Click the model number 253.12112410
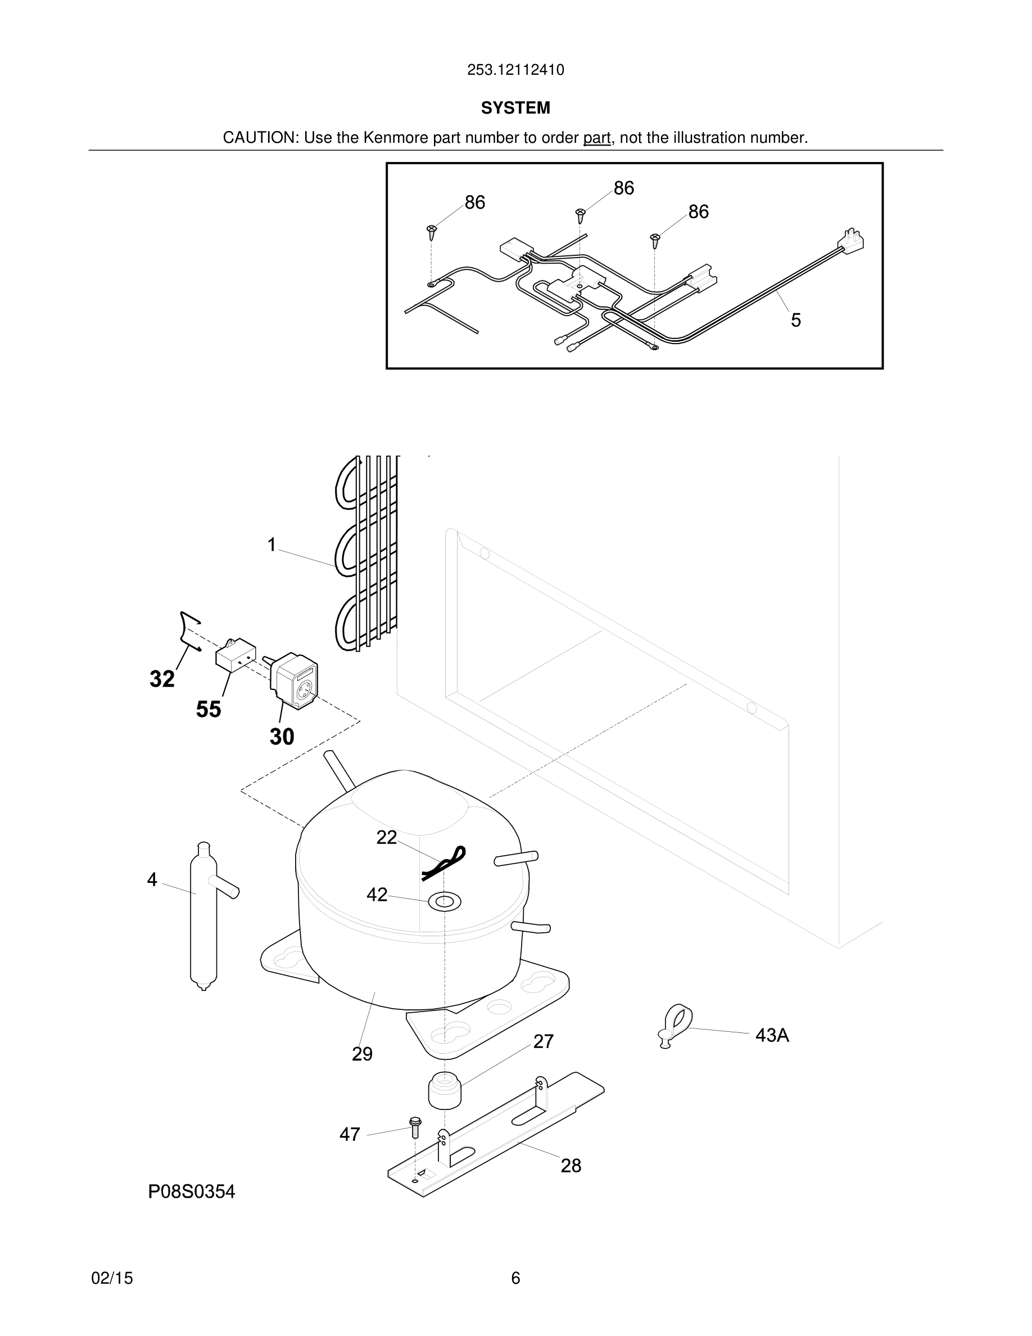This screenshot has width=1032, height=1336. click(515, 70)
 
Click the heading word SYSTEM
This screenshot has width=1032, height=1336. click(515, 109)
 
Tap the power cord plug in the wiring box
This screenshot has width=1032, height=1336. click(853, 241)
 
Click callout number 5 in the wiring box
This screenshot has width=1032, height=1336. click(795, 320)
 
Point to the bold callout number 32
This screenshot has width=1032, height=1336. click(162, 679)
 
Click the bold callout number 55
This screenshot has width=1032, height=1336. click(209, 710)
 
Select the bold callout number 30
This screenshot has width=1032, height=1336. click(282, 737)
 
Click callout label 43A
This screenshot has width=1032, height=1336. click(772, 1036)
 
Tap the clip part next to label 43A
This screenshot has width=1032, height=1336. click(676, 1023)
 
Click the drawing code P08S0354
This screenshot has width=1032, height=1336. click(191, 1191)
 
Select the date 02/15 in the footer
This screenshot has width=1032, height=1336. click(112, 1278)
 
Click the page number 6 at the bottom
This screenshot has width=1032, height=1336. click(515, 1278)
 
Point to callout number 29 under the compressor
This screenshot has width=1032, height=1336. click(362, 1054)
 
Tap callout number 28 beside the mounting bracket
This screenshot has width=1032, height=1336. click(571, 1166)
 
